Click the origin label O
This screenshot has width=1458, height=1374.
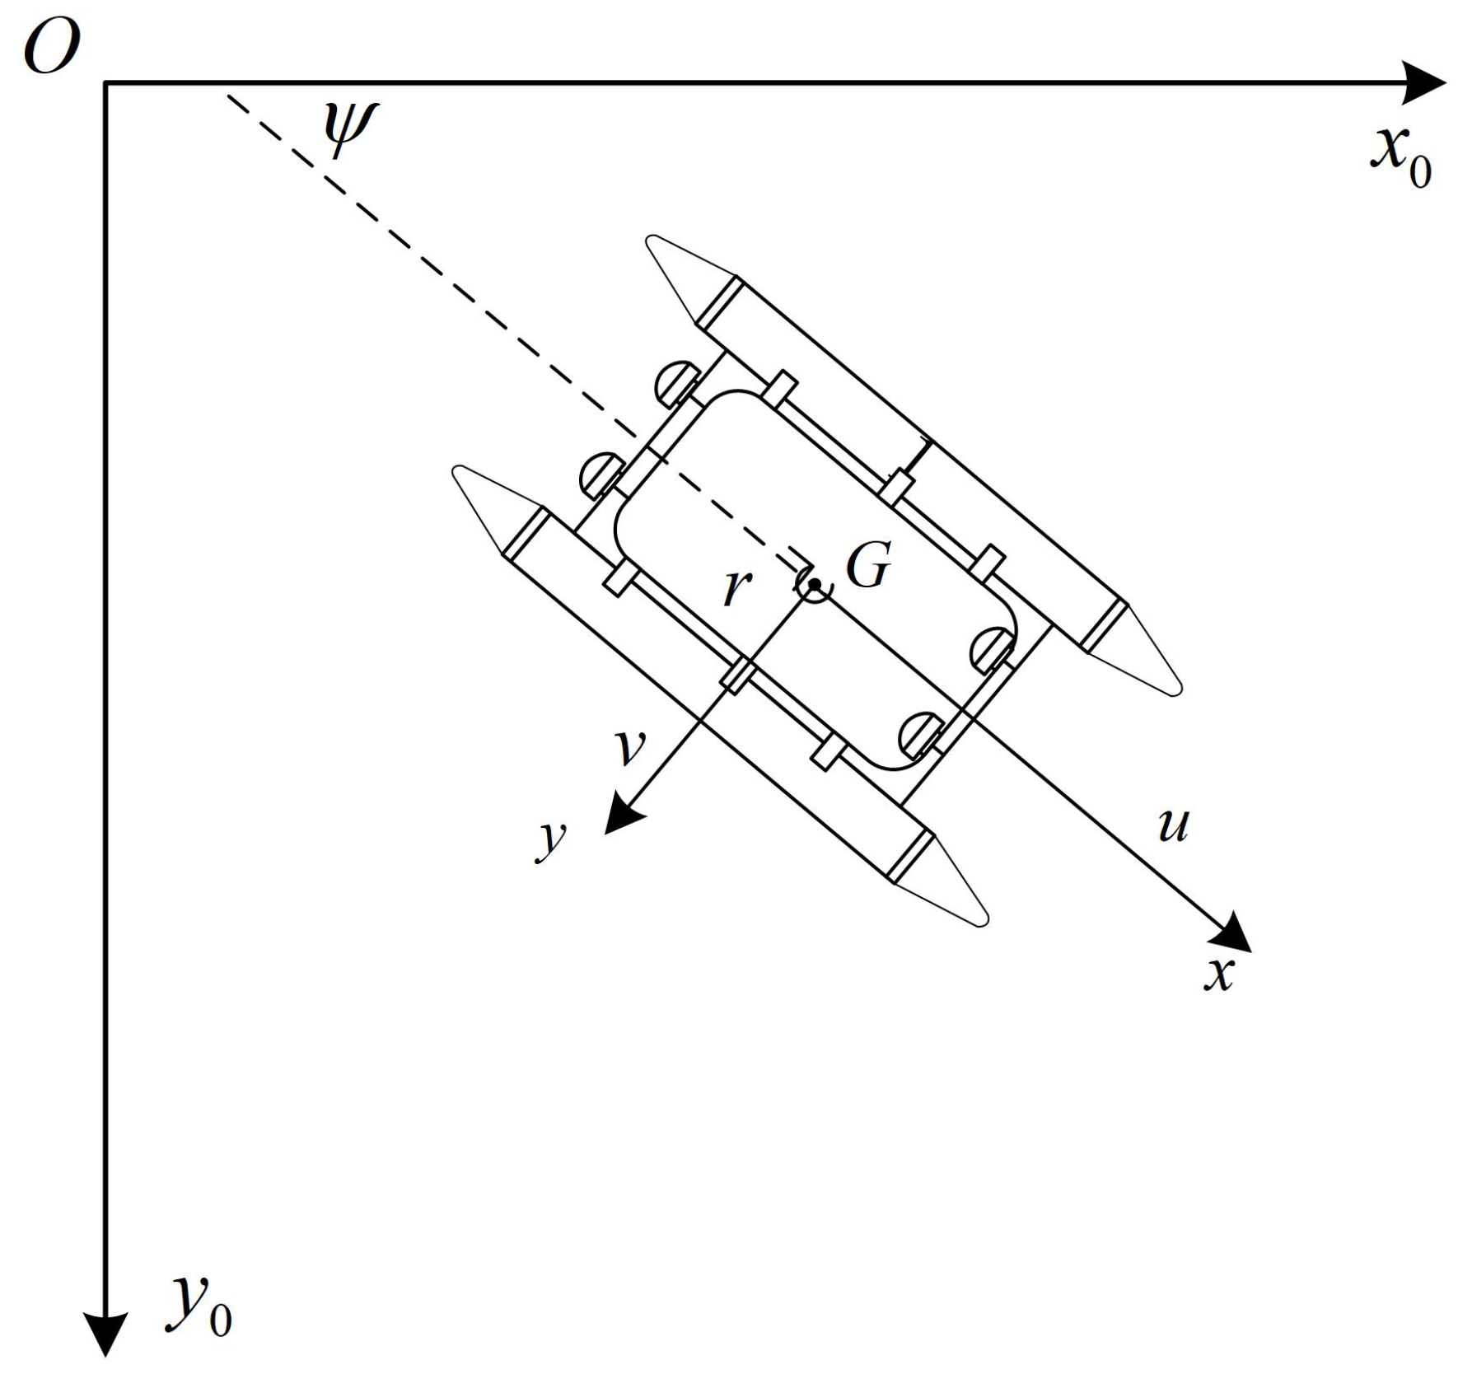tap(51, 48)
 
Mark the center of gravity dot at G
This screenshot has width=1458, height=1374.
tap(814, 584)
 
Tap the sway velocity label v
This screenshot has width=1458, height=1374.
tap(632, 747)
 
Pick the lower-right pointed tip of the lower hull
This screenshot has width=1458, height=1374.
tap(982, 922)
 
